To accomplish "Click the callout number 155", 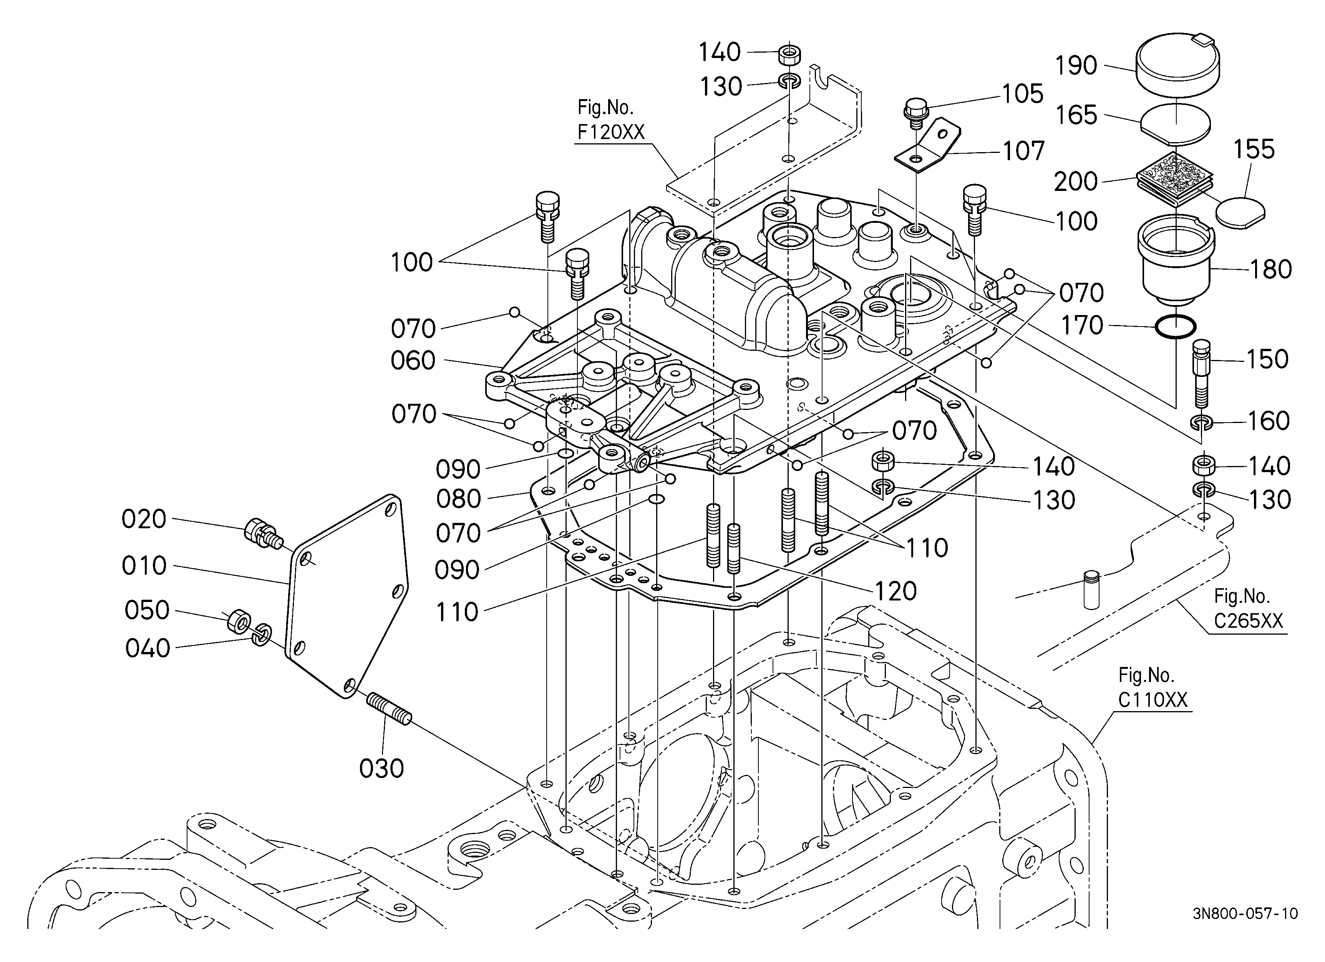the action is pos(1254,149).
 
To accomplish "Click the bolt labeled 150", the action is pos(1201,374).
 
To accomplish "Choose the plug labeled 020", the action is pos(262,532).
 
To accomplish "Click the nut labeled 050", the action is pos(238,622).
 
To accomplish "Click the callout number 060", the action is pos(413,361).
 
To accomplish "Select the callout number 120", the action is pos(895,592).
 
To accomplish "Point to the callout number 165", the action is pos(1076,115).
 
